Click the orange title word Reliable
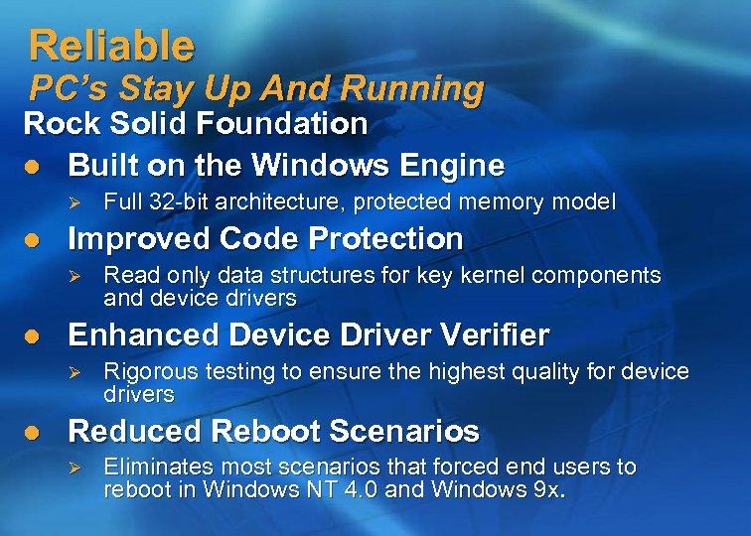coord(111,45)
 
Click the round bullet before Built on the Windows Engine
coord(33,165)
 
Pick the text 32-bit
coord(173,202)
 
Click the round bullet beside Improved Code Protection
coord(33,239)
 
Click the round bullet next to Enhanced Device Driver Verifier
coord(33,335)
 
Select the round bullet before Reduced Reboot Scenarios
coord(33,432)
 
